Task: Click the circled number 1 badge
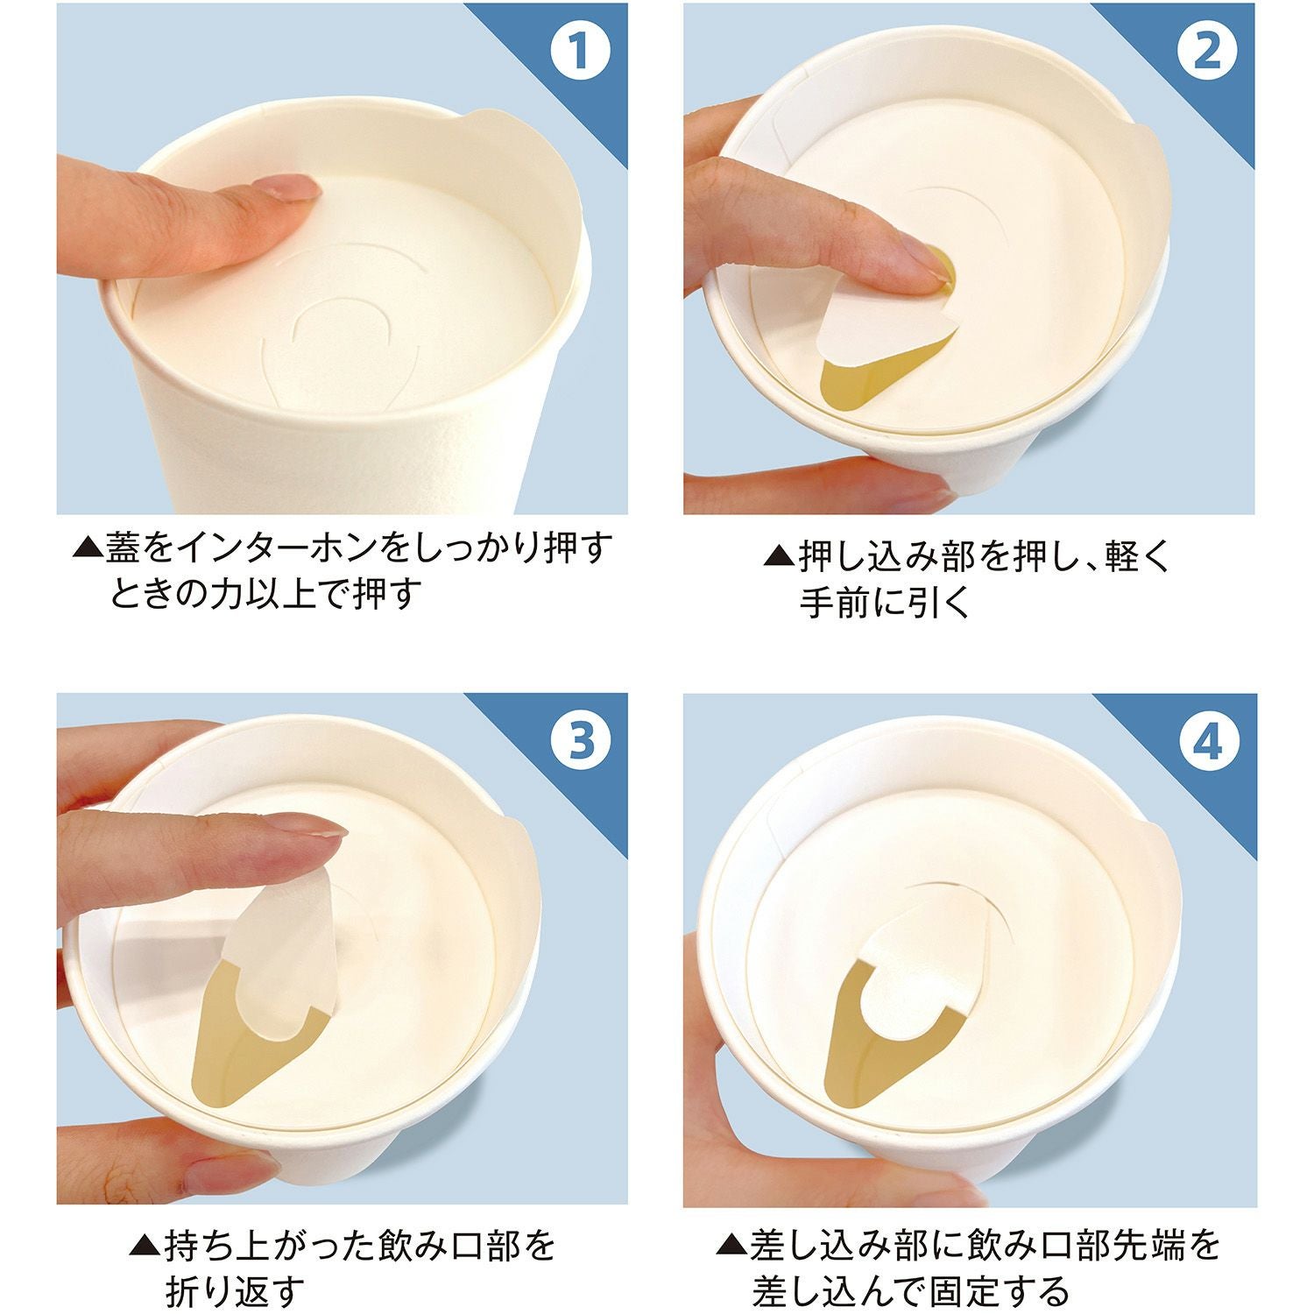578,52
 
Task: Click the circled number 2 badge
1206,52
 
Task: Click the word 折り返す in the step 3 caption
236,1289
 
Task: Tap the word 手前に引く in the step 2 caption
885,603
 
